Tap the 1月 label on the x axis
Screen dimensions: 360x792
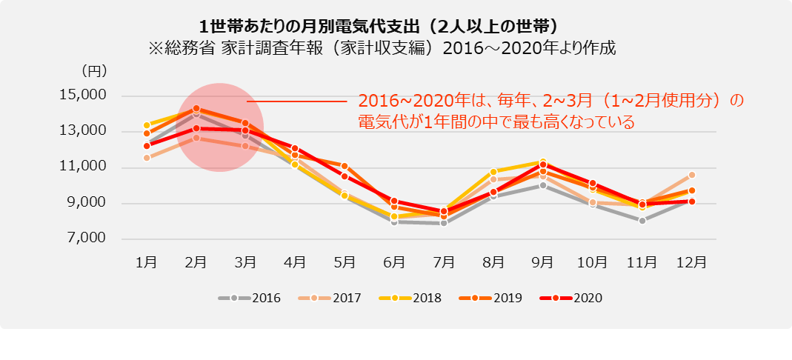click(147, 261)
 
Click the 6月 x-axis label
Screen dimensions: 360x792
click(394, 261)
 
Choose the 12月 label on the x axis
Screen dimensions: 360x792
click(691, 261)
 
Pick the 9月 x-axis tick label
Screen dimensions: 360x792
click(543, 261)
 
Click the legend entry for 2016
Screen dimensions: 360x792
click(250, 298)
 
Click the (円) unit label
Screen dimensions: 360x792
click(95, 72)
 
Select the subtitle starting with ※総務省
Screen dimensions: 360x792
click(382, 48)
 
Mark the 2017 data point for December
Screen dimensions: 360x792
click(691, 175)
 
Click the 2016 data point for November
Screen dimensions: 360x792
click(642, 221)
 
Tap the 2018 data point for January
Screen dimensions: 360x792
click(147, 125)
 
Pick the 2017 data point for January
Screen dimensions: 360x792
click(147, 158)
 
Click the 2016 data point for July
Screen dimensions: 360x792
click(444, 222)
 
